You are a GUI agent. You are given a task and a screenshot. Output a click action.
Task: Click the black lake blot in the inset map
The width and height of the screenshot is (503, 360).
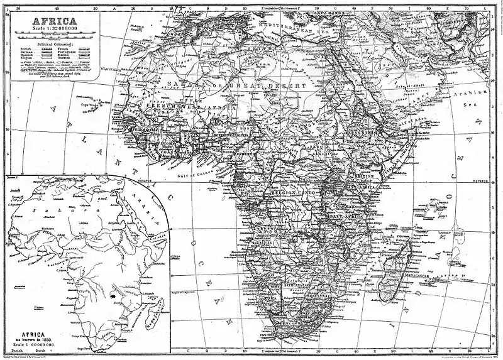point(114,292)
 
